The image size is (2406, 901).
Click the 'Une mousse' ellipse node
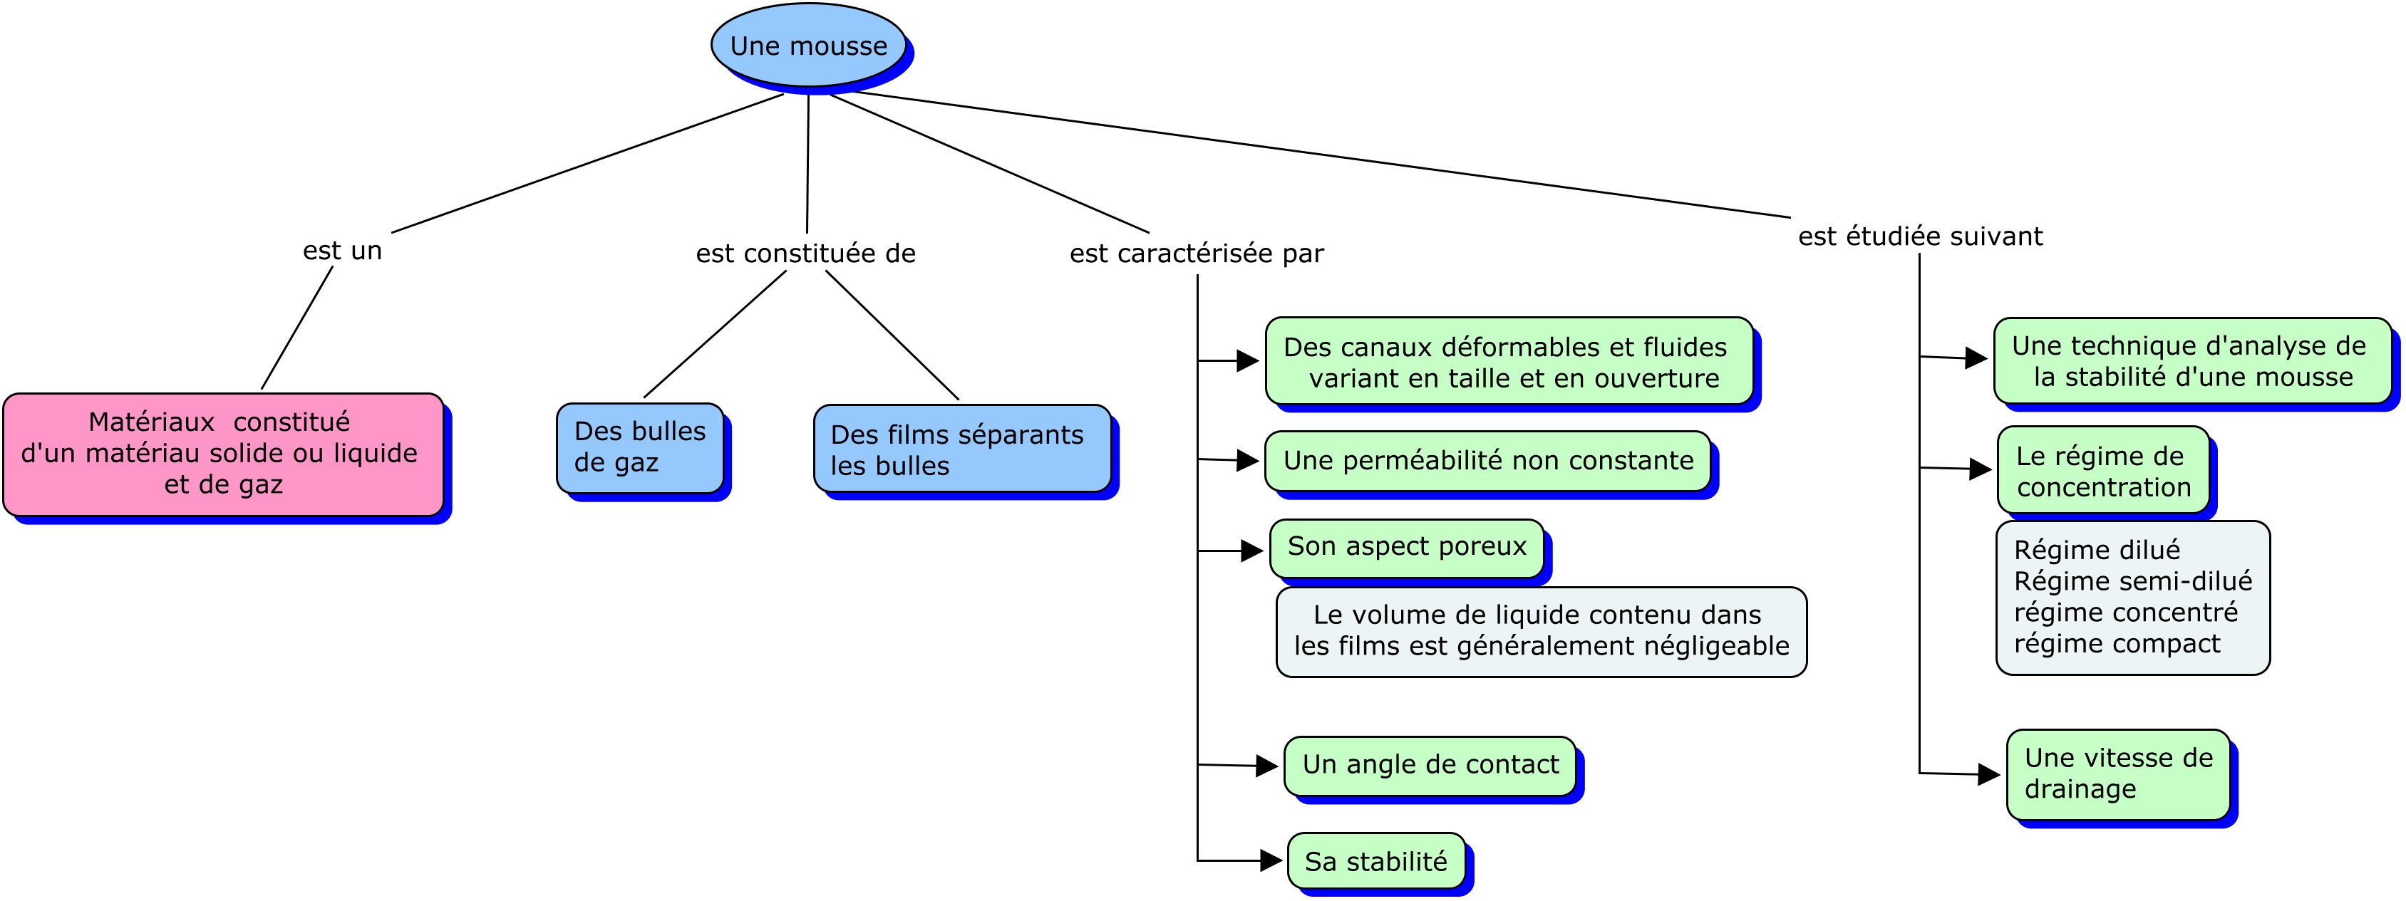(809, 45)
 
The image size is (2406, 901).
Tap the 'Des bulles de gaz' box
(640, 447)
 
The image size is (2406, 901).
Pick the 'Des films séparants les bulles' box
(962, 448)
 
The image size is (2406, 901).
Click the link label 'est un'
(343, 250)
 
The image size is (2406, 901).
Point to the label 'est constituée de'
(806, 253)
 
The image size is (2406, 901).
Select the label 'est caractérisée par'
(1197, 253)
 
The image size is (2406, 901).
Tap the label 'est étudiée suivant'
(1921, 236)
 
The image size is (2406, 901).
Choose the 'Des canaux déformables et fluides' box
(1509, 361)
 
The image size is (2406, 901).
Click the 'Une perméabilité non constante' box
(1488, 460)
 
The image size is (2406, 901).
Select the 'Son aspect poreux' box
(1407, 547)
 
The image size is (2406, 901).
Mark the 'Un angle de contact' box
(1430, 766)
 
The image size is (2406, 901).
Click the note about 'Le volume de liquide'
(1541, 631)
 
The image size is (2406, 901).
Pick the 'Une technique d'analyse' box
(2192, 361)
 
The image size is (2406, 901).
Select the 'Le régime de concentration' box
(2103, 471)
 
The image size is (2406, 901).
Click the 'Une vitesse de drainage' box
(2118, 774)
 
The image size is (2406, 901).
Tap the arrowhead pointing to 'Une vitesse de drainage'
(1989, 775)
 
